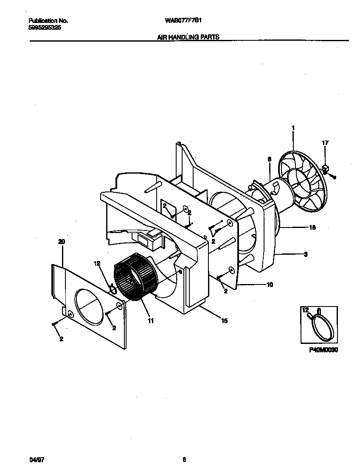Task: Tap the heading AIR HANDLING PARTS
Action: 188,37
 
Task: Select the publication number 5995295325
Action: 42,27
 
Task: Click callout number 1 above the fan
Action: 293,128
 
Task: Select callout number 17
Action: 325,143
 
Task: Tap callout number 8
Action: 269,159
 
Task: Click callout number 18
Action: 312,228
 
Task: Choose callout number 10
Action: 270,284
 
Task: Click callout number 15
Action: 224,321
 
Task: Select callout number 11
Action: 151,321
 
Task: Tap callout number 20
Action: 62,242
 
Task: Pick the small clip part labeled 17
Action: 326,169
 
